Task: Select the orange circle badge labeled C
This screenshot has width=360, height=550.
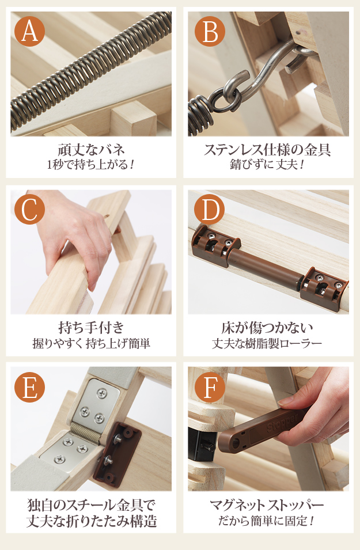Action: (x=29, y=210)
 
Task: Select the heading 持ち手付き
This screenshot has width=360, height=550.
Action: (x=91, y=328)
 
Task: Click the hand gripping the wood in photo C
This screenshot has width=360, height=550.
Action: (x=81, y=230)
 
